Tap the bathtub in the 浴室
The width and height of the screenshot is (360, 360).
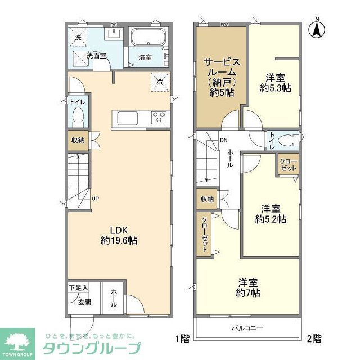point(147,39)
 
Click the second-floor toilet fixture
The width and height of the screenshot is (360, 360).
point(287,140)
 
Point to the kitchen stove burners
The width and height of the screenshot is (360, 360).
point(159,118)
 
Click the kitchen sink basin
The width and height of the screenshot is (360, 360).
point(126,118)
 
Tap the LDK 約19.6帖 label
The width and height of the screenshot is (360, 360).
point(119,235)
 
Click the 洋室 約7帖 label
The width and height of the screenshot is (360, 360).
point(248,287)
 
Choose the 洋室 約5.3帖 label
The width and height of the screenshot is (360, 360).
point(274,83)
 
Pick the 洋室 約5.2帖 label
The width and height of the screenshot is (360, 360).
point(271,213)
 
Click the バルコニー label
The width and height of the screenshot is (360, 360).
point(247,327)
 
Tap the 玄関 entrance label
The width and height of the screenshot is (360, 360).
point(84,302)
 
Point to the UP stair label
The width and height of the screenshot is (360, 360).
point(96,199)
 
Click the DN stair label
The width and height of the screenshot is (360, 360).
point(224,140)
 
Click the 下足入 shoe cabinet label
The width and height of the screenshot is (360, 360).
point(79,288)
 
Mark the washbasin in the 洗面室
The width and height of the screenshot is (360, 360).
point(115,33)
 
